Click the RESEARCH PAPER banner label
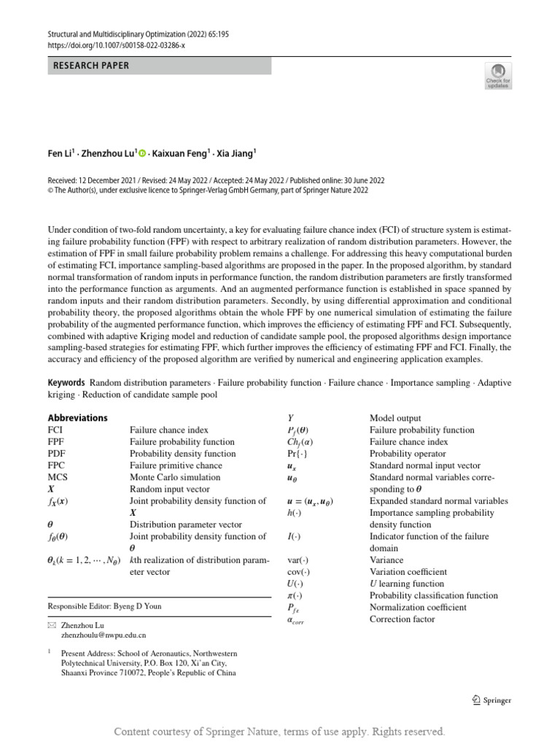click(91, 66)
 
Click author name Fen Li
click(61, 153)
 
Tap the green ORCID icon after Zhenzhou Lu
click(142, 153)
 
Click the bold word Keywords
click(66, 383)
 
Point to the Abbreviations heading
click(77, 418)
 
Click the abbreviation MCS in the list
click(58, 476)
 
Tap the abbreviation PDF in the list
click(57, 453)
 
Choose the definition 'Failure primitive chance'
click(176, 465)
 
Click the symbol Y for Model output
click(291, 418)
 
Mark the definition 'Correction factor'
click(402, 619)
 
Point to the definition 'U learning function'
click(406, 584)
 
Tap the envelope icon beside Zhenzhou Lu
click(51, 626)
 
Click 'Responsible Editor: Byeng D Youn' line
click(104, 606)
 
